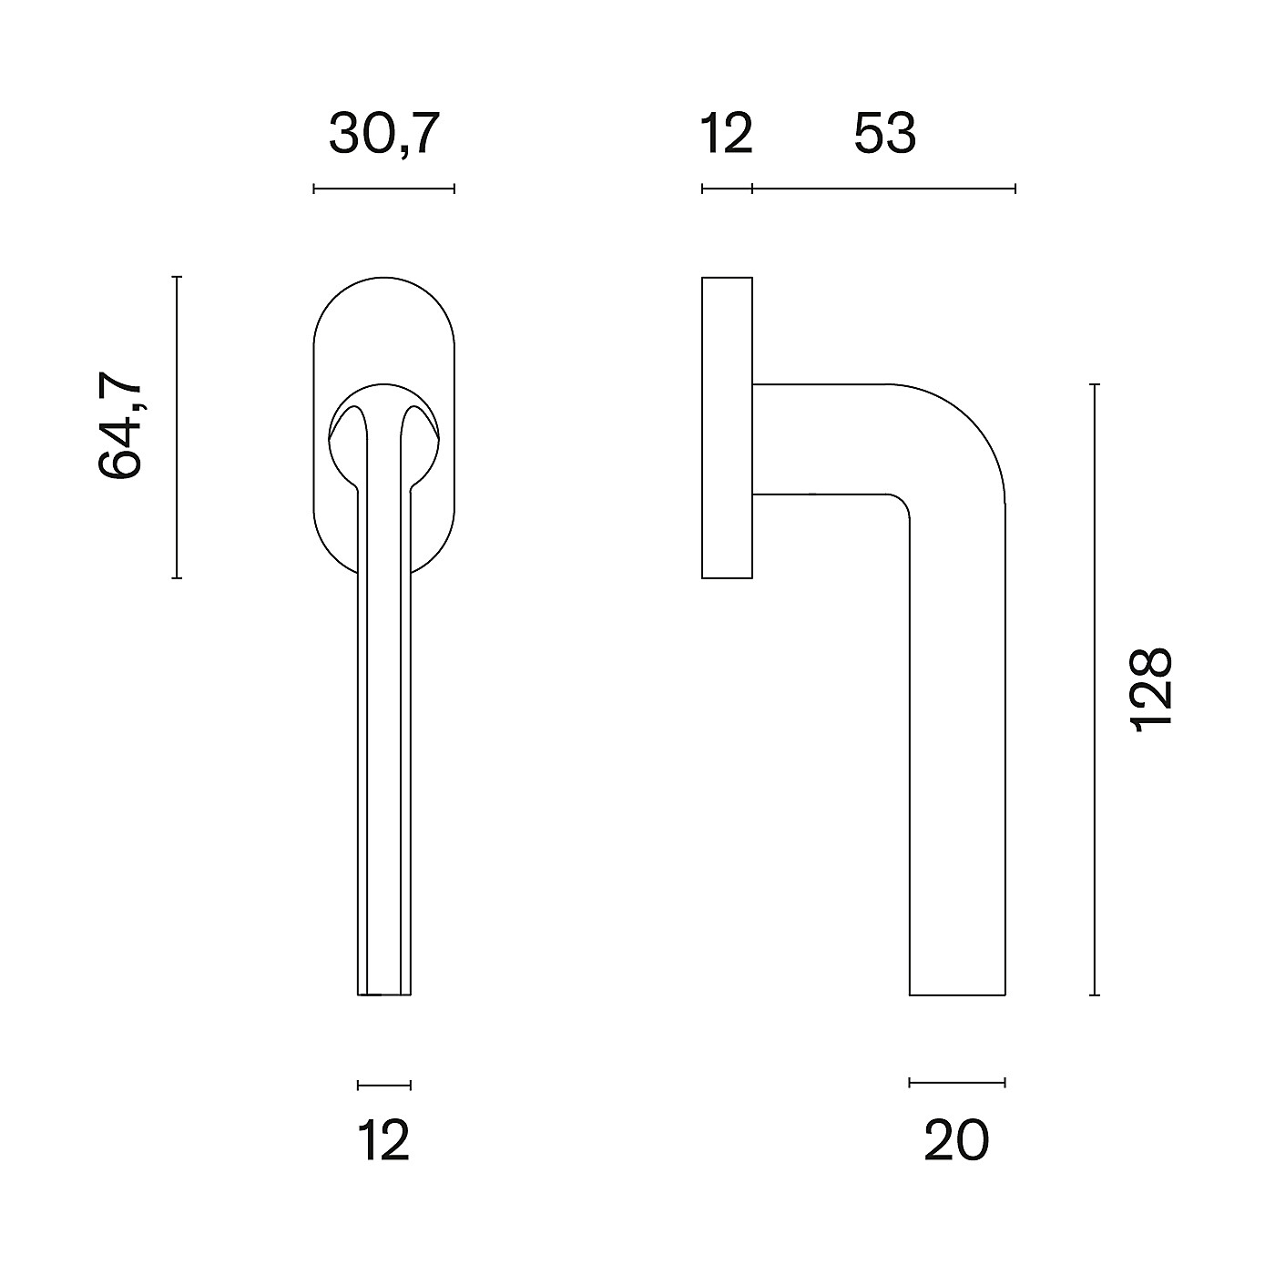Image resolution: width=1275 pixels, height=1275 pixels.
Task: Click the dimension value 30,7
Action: click(x=383, y=134)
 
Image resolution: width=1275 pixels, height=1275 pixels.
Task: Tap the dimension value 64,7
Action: click(x=119, y=425)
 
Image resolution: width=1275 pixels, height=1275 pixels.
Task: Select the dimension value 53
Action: click(x=884, y=134)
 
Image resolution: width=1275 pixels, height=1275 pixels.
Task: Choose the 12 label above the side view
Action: click(x=727, y=134)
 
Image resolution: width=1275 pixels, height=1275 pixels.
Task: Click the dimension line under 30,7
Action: click(x=383, y=189)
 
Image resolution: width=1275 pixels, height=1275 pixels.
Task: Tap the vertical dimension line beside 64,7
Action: click(x=177, y=427)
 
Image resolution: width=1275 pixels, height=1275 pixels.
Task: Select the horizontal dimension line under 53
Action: click(x=884, y=189)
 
